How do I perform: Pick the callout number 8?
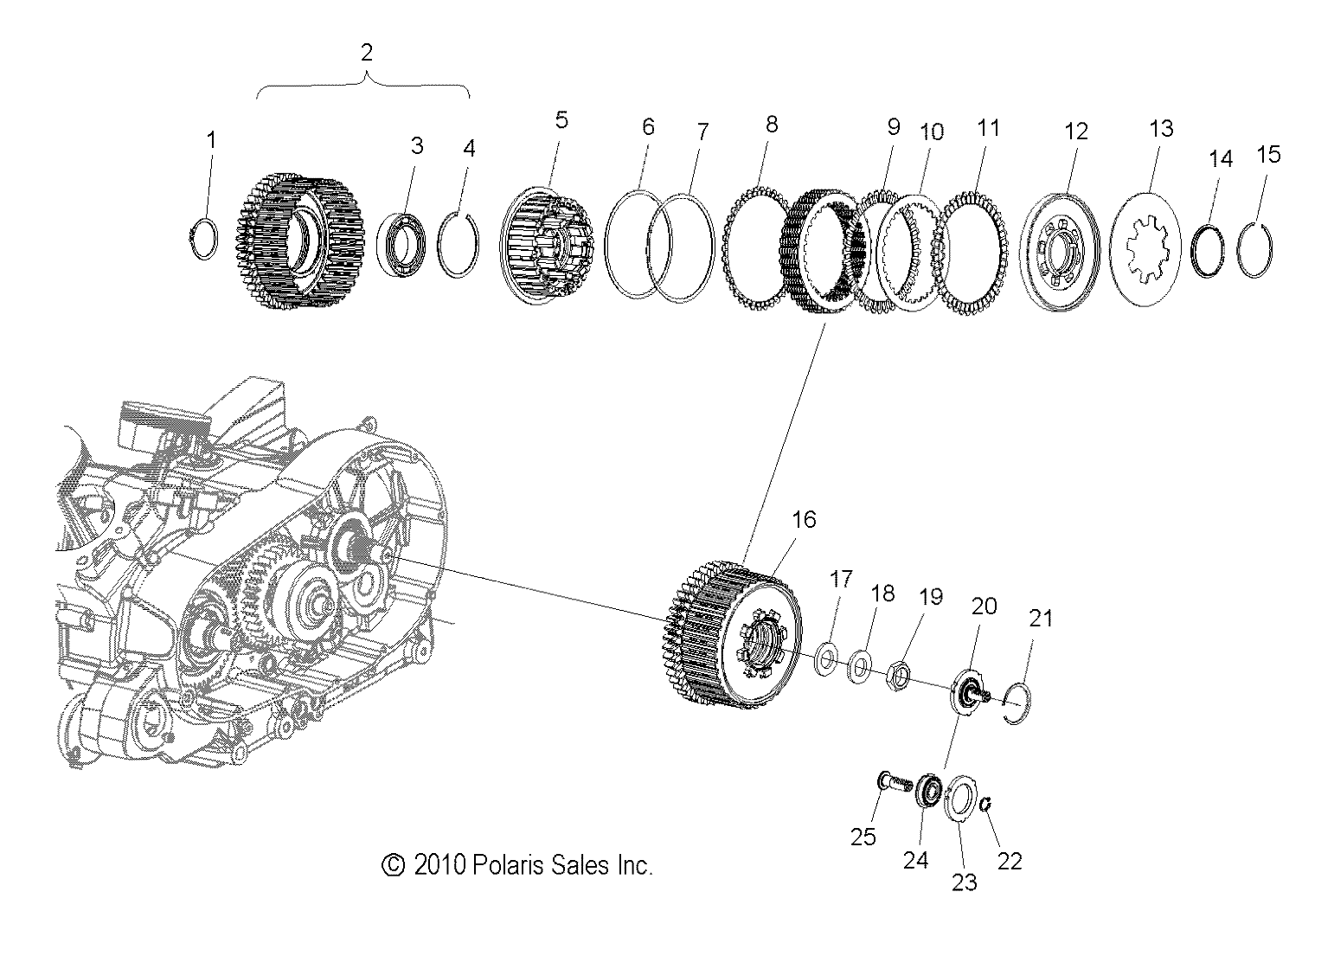click(771, 125)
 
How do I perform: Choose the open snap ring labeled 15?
click(1254, 252)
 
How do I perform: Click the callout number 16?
click(804, 519)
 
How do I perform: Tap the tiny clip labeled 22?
click(985, 805)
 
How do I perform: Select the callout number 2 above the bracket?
click(366, 52)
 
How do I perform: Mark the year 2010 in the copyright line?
click(440, 864)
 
